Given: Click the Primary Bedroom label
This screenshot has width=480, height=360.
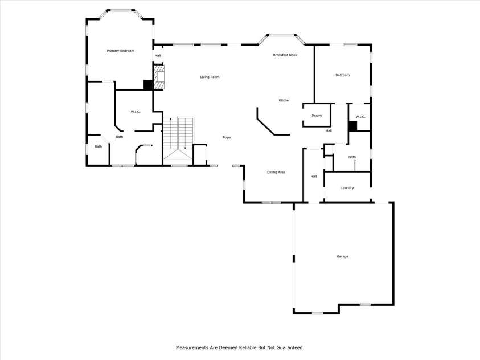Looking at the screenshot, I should pyautogui.click(x=120, y=51).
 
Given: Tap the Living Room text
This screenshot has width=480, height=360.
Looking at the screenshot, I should pyautogui.click(x=210, y=77).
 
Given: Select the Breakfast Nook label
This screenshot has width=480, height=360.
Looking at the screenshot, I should pyautogui.click(x=285, y=55).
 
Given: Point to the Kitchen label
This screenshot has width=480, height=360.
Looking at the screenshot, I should pyautogui.click(x=284, y=100).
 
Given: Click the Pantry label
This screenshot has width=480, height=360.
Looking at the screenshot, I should pyautogui.click(x=317, y=116).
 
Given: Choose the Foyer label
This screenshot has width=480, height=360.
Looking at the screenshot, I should pyautogui.click(x=227, y=137).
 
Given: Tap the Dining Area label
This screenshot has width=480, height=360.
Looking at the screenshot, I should pyautogui.click(x=276, y=172).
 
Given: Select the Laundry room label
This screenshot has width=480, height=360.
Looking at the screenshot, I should pyautogui.click(x=347, y=188).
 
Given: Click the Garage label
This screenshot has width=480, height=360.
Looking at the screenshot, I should pyautogui.click(x=342, y=256).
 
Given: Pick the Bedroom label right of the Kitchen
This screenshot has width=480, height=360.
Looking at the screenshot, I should pyautogui.click(x=342, y=75).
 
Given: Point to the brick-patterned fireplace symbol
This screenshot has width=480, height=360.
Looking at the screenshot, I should pyautogui.click(x=160, y=77).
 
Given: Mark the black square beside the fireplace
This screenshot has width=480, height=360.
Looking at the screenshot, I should pyautogui.click(x=147, y=85).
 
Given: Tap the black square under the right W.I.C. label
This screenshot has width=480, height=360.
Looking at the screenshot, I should pyautogui.click(x=352, y=126).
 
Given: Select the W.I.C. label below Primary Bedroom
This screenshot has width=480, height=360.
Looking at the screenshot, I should pyautogui.click(x=136, y=111).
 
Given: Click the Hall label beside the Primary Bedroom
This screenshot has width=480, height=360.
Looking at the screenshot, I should pyautogui.click(x=158, y=55).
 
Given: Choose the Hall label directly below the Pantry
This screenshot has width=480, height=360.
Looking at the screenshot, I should pyautogui.click(x=329, y=131).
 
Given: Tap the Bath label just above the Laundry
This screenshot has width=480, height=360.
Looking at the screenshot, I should pyautogui.click(x=352, y=157).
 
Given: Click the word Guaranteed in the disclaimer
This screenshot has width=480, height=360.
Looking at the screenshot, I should pyautogui.click(x=290, y=347).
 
